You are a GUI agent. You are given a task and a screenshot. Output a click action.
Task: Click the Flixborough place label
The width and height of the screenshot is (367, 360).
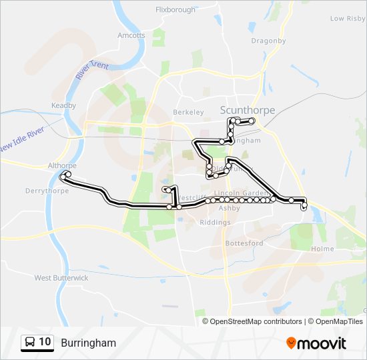tap(175, 10)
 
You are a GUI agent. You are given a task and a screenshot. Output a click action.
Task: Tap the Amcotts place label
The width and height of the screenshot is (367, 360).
tap(131, 35)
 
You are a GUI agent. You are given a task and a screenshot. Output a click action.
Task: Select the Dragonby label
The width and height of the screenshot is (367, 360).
tap(268, 41)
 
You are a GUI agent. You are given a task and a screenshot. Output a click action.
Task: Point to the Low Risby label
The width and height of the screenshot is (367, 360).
tap(347, 19)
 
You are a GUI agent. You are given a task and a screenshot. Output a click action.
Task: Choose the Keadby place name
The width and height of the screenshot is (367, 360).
tap(64, 105)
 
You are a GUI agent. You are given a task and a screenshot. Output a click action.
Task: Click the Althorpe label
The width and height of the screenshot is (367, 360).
tap(63, 165)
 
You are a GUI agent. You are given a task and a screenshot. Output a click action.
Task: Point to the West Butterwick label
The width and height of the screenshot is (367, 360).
tap(61, 277)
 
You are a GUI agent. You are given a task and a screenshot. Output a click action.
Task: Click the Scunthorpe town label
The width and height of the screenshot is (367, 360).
tap(247, 111)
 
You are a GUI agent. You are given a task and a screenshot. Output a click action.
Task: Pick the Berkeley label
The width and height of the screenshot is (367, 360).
tap(187, 113)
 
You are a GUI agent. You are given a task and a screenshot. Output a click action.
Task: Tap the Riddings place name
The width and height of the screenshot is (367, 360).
tap(214, 222)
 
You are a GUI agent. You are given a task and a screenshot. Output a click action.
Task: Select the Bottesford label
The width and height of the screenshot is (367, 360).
tap(244, 243)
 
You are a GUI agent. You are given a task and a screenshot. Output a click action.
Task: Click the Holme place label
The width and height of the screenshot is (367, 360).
tap(322, 249)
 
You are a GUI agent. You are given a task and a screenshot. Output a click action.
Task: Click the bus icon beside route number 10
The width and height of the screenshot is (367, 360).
tap(30, 343)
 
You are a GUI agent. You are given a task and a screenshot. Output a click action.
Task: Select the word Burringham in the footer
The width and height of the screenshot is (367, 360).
tap(88, 343)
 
